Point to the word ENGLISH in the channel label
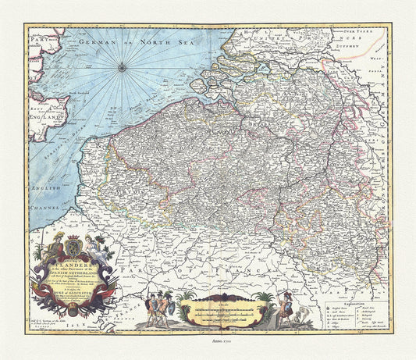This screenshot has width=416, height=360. point(37,188)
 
